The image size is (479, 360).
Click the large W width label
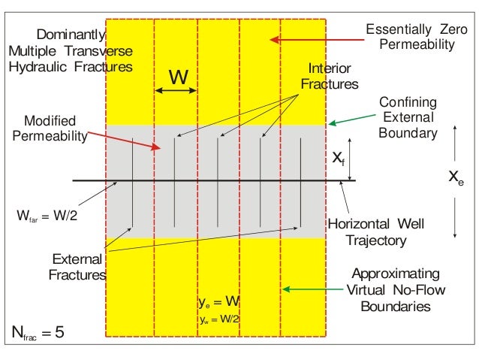pos(177,77)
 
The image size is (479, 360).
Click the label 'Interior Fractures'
pos(329,77)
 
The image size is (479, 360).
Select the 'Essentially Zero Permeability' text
pos(409,38)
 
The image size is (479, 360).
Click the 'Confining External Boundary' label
pos(408,117)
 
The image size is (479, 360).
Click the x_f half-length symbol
pos(339,158)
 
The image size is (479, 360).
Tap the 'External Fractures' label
pos(77,266)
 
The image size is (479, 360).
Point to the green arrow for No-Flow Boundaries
pos(309,289)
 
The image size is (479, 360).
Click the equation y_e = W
pos(218,302)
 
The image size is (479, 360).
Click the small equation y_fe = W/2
pos(219,319)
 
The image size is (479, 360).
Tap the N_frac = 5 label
pos(38,331)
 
